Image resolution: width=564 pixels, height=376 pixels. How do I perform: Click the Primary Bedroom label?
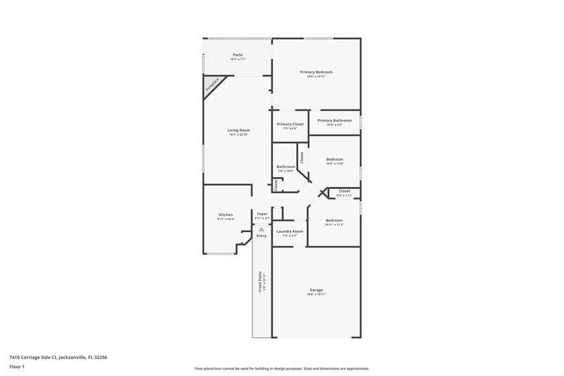click(x=316, y=72)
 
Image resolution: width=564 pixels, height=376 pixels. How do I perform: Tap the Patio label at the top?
click(x=238, y=55)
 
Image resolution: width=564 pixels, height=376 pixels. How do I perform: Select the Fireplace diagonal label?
click(x=212, y=85)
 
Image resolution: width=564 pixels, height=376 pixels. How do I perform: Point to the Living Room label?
click(x=238, y=130)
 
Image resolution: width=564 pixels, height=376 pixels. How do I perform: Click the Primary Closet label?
click(x=290, y=124)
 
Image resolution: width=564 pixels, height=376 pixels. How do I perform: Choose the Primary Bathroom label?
click(x=334, y=121)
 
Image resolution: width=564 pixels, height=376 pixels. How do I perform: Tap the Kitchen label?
click(x=226, y=214)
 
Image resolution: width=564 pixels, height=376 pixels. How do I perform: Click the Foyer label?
click(x=262, y=214)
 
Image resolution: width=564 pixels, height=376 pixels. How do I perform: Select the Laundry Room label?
click(x=290, y=231)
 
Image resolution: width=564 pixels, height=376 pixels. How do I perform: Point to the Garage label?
click(x=316, y=290)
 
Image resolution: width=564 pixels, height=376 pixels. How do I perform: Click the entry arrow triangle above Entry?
click(x=262, y=229)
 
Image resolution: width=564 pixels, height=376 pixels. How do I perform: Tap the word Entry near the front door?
click(x=262, y=236)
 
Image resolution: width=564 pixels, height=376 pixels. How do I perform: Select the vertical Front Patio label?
click(x=259, y=282)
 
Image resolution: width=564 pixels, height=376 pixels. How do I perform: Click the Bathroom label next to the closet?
click(x=286, y=166)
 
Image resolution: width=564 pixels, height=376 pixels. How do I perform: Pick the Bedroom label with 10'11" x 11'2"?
click(x=334, y=221)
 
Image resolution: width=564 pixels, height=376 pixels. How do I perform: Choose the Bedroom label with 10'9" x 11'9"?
click(x=335, y=159)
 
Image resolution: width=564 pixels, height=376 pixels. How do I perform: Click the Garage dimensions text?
click(x=316, y=295)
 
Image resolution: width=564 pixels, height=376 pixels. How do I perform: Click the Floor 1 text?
click(x=17, y=367)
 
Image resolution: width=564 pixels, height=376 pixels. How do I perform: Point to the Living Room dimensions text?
click(x=238, y=135)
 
